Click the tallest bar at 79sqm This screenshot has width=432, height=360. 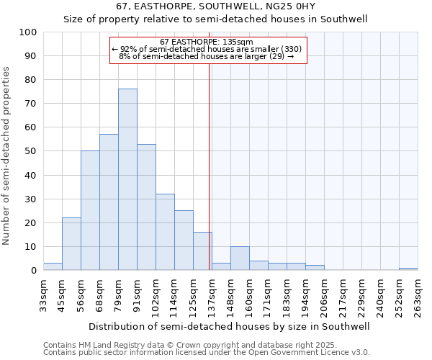pos(127,180)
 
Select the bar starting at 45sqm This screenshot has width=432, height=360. pos(71,244)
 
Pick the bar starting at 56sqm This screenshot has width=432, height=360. pos(90,211)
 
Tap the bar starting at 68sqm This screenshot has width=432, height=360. pos(109,202)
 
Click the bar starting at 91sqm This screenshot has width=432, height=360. pos(146,207)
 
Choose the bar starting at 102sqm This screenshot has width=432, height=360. pos(165,233)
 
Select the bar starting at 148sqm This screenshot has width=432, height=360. pos(240,258)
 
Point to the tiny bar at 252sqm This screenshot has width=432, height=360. pos(408,269)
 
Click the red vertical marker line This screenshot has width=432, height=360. pos(210,180)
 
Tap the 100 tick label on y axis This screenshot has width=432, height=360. pos(28,32)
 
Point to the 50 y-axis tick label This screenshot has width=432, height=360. pos(30,151)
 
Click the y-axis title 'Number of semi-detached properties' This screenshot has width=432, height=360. pos(7,155)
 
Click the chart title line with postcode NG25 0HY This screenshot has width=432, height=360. pos(215,6)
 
